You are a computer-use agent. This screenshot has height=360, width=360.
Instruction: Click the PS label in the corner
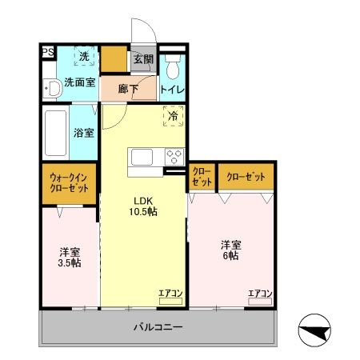48,53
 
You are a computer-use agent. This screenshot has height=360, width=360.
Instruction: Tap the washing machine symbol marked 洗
84,57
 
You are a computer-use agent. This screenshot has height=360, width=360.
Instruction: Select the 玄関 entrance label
143,58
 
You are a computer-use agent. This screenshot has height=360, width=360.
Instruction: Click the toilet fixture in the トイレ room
173,63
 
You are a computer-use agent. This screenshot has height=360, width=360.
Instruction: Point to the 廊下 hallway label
129,89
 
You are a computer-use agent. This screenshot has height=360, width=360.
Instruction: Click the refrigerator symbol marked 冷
174,117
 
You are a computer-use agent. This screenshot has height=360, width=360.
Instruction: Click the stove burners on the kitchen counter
174,156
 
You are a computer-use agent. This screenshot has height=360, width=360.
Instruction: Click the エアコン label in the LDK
170,294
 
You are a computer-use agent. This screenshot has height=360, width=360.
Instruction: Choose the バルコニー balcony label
158,328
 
